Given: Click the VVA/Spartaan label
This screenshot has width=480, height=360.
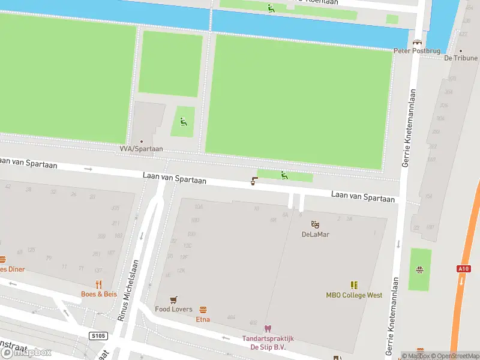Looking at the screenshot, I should coord(141,149).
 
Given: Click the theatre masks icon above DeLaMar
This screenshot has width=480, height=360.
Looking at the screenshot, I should coord(315,224).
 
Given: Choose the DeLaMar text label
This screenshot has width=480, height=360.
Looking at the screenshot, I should coord(315,235).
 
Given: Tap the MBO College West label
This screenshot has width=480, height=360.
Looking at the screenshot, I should coord(354,295).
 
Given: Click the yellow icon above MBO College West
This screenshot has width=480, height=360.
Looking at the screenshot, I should coord(354,285).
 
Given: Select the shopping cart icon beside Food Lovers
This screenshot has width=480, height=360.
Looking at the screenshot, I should coord(174,299).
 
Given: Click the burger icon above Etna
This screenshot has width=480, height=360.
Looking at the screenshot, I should coord(203,310).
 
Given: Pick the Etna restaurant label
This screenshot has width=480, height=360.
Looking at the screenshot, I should coord(203,320).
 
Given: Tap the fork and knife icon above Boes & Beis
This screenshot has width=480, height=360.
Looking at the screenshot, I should coord(99,284).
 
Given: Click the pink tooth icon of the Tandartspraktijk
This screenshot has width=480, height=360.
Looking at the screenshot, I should coord(268,329).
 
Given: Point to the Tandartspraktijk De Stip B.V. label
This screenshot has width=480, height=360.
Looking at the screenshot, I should coord(268,343).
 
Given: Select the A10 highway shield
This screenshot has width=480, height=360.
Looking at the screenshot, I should coord(463,269).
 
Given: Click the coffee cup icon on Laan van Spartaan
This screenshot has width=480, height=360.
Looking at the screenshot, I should coord(254,181).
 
